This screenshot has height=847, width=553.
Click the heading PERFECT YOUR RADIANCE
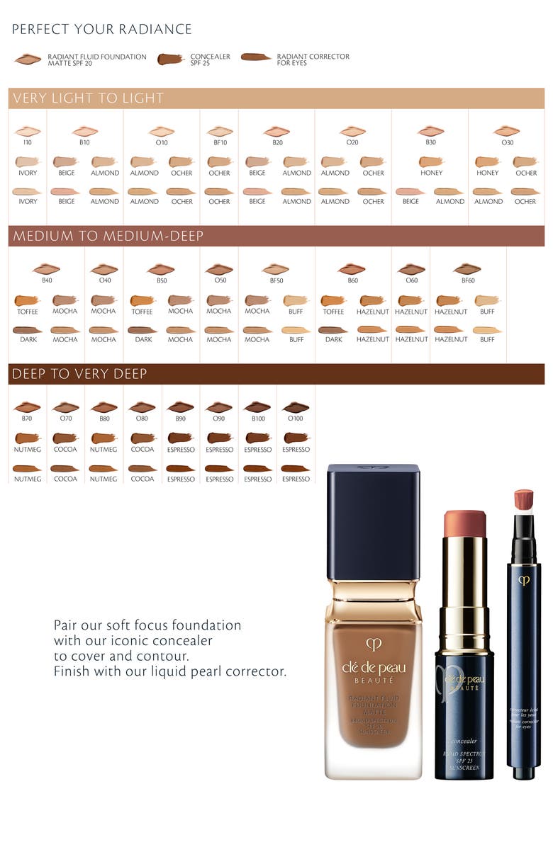pos(101,29)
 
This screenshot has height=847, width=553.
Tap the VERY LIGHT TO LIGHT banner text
pos(88,98)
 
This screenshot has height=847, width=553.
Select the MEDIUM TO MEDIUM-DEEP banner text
pos(108,236)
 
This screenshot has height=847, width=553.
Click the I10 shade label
pos(28,142)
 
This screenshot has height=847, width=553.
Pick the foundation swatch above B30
pos(430,131)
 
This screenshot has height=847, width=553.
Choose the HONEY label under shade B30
pos(431,173)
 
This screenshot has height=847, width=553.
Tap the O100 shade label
pos(296,419)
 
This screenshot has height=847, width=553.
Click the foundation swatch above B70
pos(28,407)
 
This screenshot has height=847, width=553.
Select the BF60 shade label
pos(468,280)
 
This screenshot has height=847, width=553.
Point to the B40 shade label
pos(47,280)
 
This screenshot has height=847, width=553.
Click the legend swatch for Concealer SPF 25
pos(171,59)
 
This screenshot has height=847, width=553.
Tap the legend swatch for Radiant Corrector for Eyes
pos(256,57)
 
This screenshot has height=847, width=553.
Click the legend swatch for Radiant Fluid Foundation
pos(28,59)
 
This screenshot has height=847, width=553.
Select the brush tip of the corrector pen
pos(524,500)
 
